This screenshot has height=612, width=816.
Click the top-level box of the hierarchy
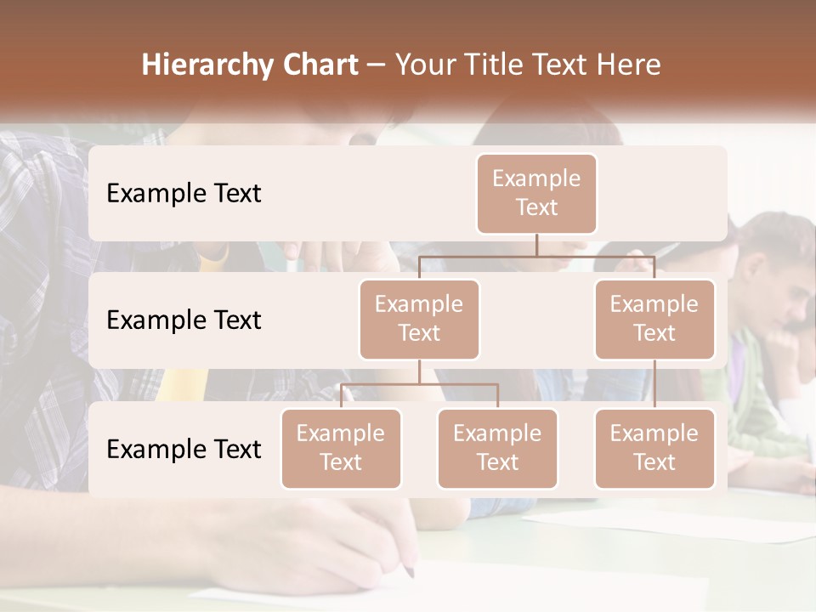click(536, 193)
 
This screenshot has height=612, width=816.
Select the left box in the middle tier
click(419, 319)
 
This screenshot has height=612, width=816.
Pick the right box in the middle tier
click(654, 319)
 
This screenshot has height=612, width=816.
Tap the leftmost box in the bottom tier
click(341, 448)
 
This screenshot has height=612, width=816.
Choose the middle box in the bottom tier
click(497, 448)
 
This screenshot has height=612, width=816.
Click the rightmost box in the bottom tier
click(654, 448)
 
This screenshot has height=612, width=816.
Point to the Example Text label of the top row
click(184, 193)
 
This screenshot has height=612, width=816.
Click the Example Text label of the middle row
click(184, 320)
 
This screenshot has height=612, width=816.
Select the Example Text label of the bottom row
click(184, 449)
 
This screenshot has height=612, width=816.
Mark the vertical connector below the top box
click(536, 245)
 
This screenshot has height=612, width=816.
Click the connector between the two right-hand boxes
click(654, 384)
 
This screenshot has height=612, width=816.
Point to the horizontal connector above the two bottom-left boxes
click(419, 384)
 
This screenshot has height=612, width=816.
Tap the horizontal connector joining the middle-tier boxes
click(536, 256)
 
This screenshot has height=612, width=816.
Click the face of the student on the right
click(786, 297)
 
